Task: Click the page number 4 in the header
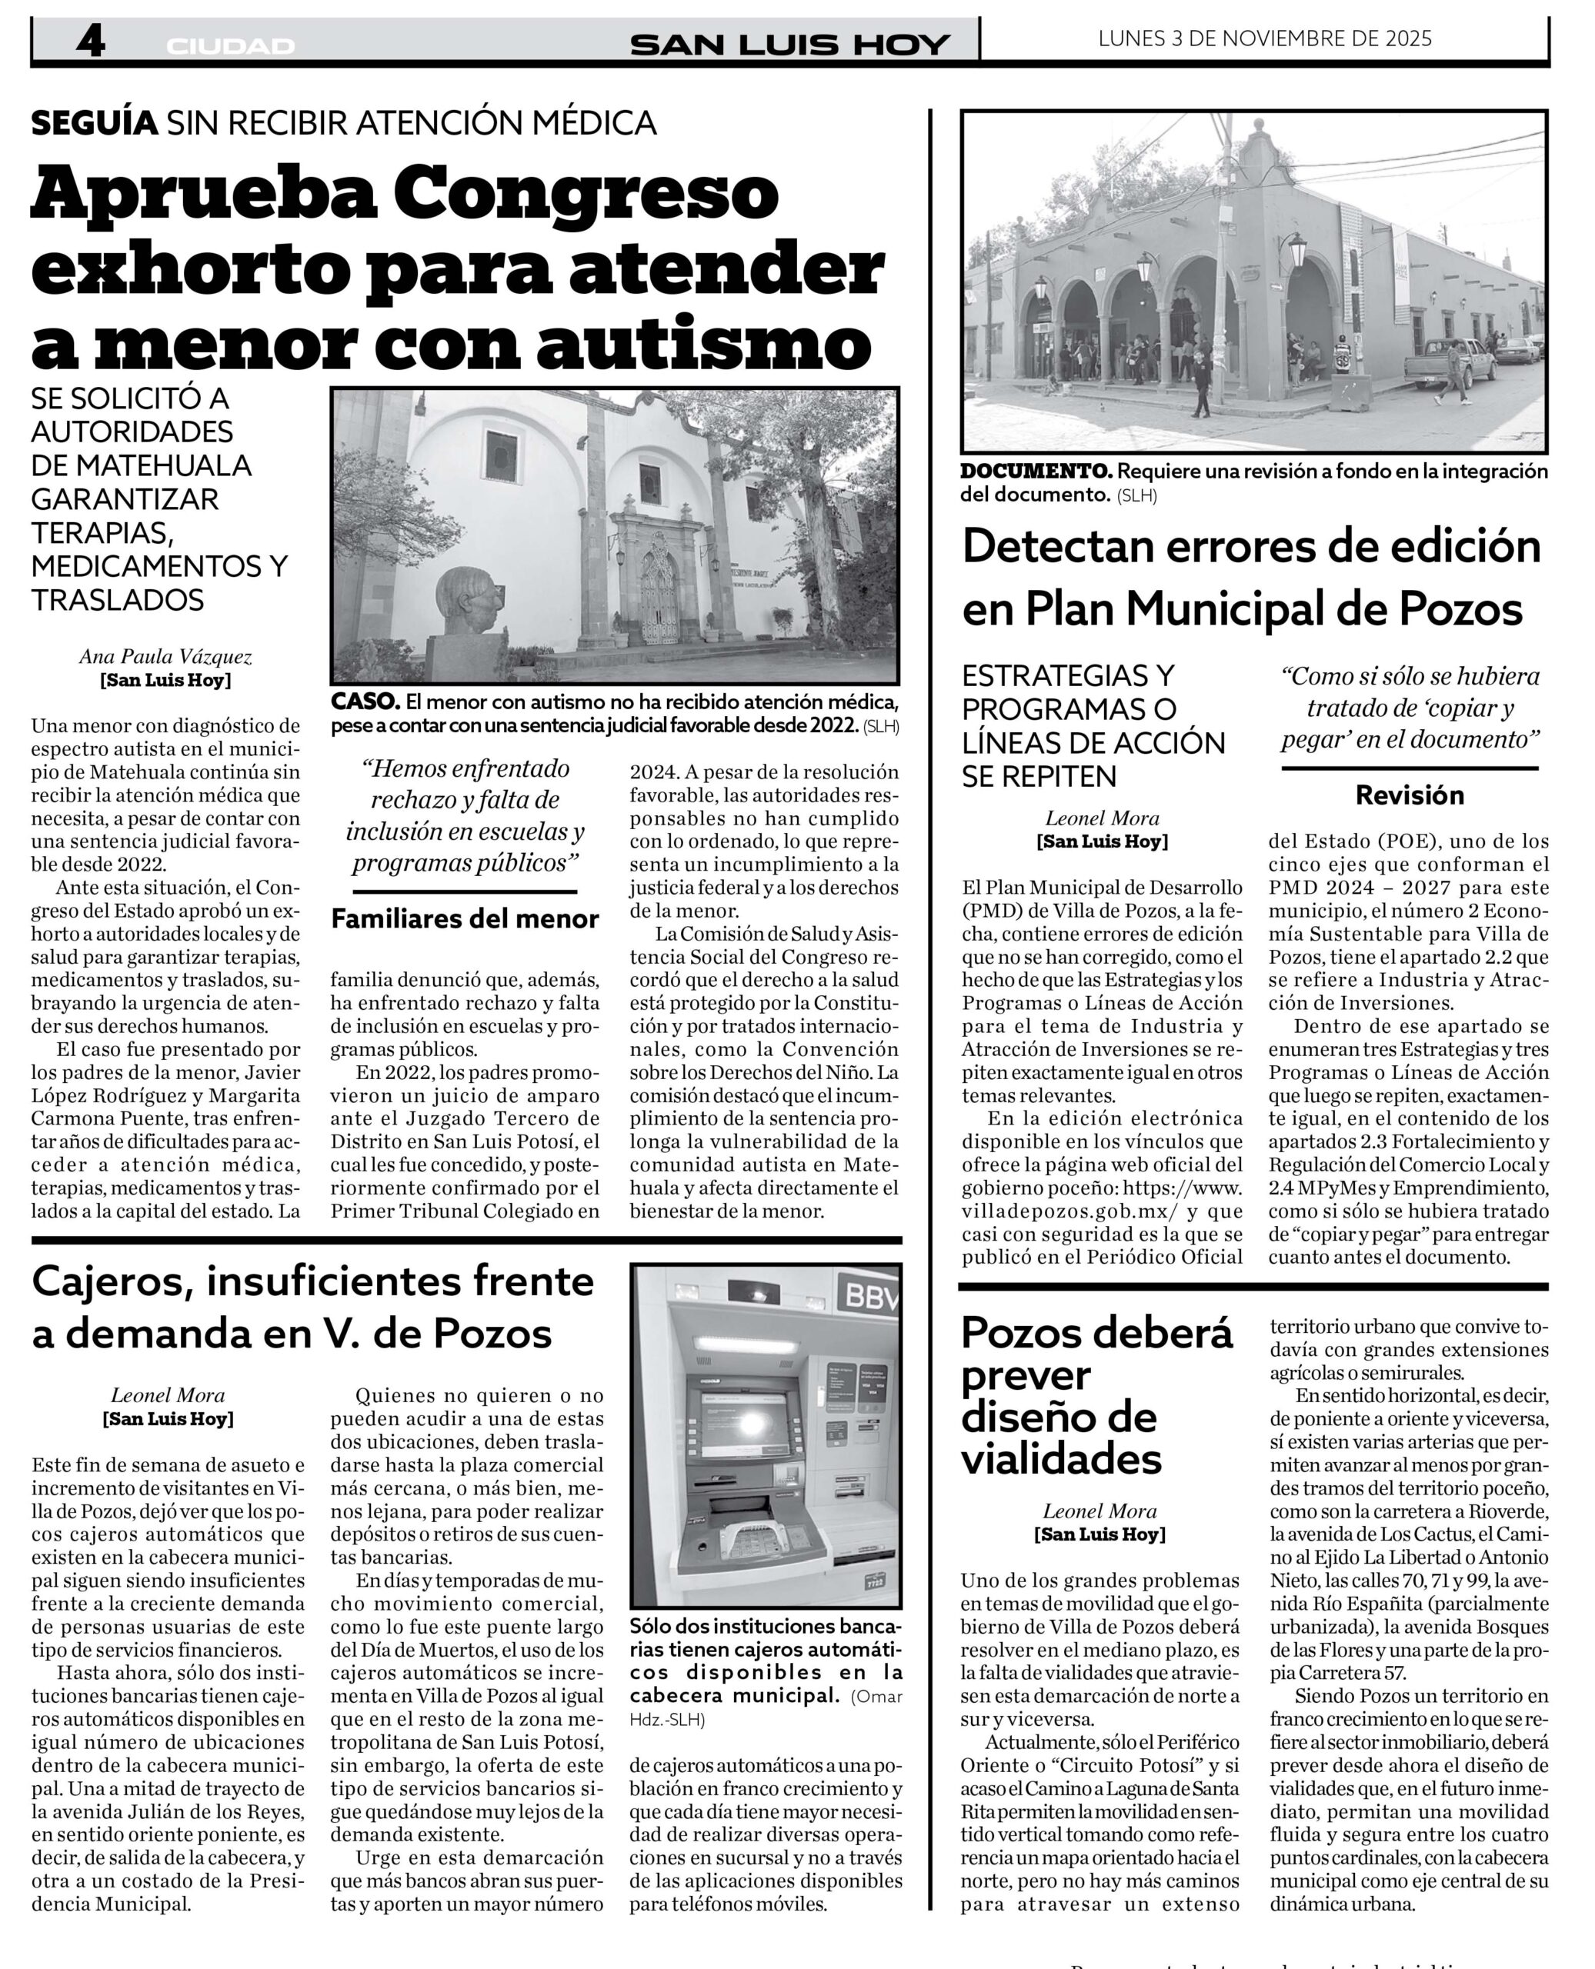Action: (x=90, y=42)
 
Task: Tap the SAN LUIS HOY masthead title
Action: (x=789, y=44)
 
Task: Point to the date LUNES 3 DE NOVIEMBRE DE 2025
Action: (x=1264, y=38)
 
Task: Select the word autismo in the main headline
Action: (x=703, y=341)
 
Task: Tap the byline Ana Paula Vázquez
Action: (x=165, y=657)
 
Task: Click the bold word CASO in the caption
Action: (x=365, y=701)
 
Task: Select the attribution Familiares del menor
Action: (x=465, y=918)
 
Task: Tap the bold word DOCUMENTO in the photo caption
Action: (x=1036, y=471)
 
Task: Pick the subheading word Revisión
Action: (x=1410, y=795)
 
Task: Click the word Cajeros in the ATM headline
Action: (x=112, y=1281)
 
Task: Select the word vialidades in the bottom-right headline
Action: (x=1061, y=1458)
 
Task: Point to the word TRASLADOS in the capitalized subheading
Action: (x=118, y=600)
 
